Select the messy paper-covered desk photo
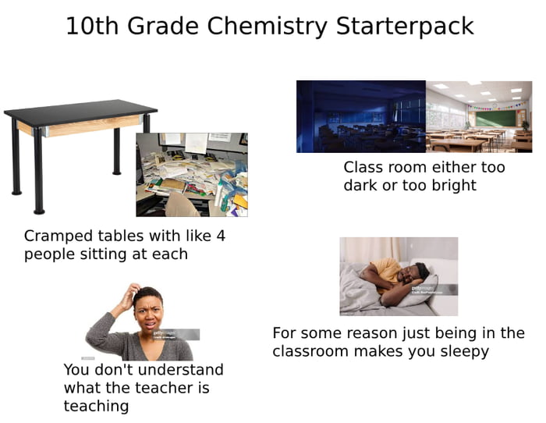pos(192,174)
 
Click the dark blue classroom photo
pos(360,116)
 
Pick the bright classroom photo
pos(478,116)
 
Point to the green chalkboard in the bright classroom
pos(496,118)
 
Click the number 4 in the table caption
pos(220,236)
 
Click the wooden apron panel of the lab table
pos(78,127)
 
